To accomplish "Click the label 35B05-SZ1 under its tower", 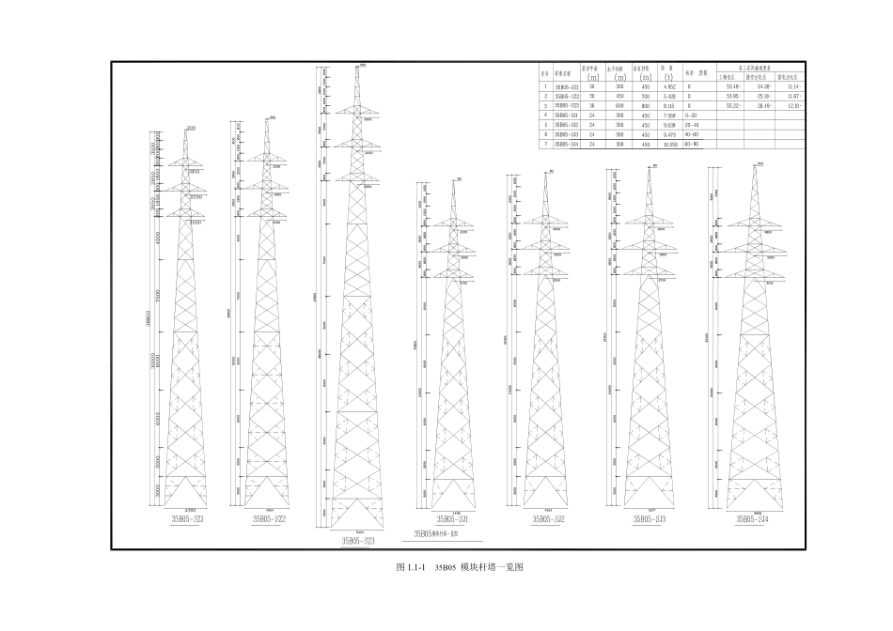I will click(x=188, y=518).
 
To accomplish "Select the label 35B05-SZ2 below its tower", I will click(x=270, y=518).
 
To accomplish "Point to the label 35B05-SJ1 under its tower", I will click(x=452, y=518).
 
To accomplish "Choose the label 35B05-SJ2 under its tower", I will click(x=548, y=518).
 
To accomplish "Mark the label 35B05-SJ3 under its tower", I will click(x=650, y=518).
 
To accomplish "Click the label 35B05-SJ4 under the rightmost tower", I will click(x=753, y=518).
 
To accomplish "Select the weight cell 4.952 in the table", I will click(x=669, y=86).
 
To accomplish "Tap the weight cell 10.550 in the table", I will click(x=670, y=144).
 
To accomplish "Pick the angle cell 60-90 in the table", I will click(x=693, y=144).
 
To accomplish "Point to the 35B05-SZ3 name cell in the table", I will click(x=567, y=105).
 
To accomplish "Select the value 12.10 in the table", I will click(x=793, y=105).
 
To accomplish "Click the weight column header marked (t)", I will click(x=668, y=76).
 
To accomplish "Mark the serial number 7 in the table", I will click(x=543, y=144).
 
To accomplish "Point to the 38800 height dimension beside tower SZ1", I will click(x=149, y=320).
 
